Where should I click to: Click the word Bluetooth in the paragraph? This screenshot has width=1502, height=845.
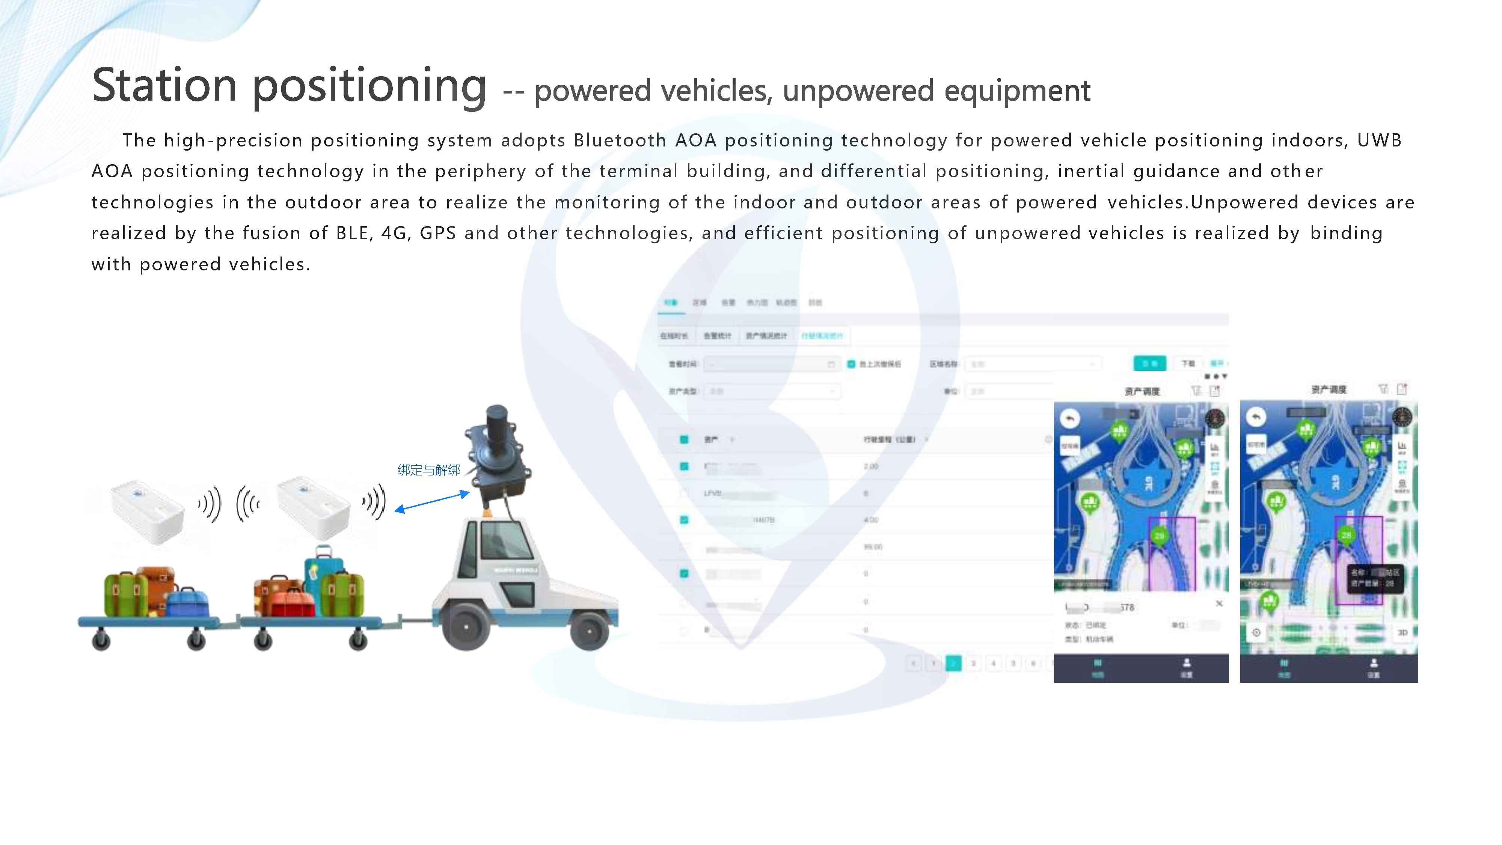click(620, 140)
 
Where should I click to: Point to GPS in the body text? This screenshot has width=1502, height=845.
click(437, 233)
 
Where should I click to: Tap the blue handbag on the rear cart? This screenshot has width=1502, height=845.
click(188, 601)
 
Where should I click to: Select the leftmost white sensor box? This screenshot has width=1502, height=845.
click(147, 511)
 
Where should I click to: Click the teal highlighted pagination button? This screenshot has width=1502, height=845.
click(953, 663)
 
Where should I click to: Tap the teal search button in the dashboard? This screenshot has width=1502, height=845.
click(1149, 363)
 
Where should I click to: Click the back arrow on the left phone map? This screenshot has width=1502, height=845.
click(1069, 418)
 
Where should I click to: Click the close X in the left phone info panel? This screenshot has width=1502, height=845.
click(1218, 604)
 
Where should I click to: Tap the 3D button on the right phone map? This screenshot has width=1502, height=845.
click(1402, 632)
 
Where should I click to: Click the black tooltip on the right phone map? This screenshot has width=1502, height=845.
click(1373, 577)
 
